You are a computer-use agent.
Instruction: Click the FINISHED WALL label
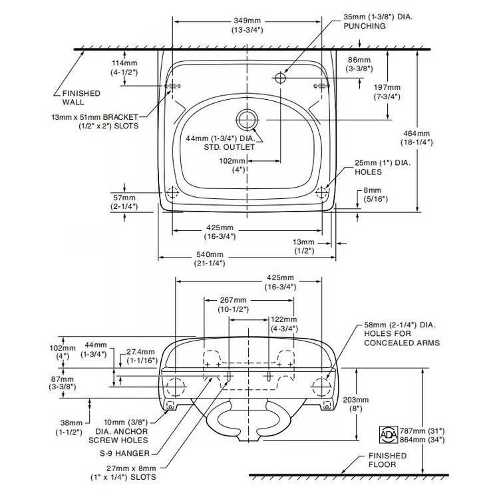[81, 97]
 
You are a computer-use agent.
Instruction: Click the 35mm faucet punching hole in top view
[280, 78]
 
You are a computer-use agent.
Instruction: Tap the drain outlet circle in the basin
[246, 119]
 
